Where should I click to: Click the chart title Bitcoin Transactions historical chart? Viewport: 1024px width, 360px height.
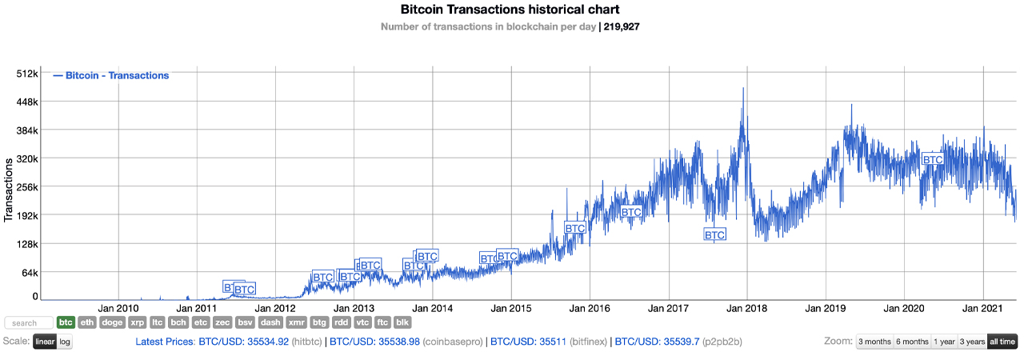point(510,10)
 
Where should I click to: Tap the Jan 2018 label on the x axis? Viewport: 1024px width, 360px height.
point(746,308)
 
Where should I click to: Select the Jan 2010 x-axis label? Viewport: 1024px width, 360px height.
point(118,308)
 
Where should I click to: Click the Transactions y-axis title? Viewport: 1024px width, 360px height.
point(9,189)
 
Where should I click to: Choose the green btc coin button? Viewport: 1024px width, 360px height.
point(66,322)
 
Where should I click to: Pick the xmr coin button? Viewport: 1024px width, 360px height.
point(296,322)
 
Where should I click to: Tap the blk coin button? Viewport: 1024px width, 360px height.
point(403,322)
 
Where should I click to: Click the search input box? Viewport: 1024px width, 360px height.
point(29,323)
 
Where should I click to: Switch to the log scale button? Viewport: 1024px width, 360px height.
point(65,342)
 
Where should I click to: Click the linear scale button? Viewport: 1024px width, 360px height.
point(45,342)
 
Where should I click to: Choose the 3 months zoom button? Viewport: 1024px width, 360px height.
point(874,342)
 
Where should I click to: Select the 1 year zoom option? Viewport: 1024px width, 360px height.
point(944,342)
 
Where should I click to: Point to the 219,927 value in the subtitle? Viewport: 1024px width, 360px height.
point(622,26)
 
